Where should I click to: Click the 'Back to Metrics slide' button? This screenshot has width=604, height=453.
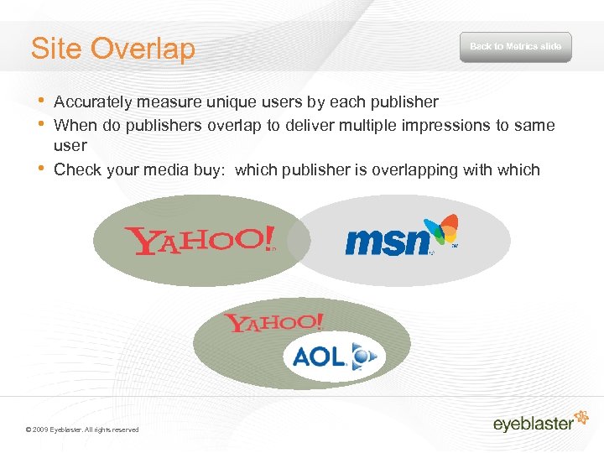point(515,47)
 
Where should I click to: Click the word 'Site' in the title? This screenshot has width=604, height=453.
point(57,49)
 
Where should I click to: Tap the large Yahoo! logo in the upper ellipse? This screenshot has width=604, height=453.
point(199,240)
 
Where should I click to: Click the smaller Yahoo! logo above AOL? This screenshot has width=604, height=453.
point(273,323)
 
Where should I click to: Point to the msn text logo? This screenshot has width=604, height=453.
point(386,242)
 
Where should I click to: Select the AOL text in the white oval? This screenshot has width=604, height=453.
point(319,357)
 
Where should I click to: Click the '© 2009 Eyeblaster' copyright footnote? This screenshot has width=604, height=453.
point(82,430)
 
